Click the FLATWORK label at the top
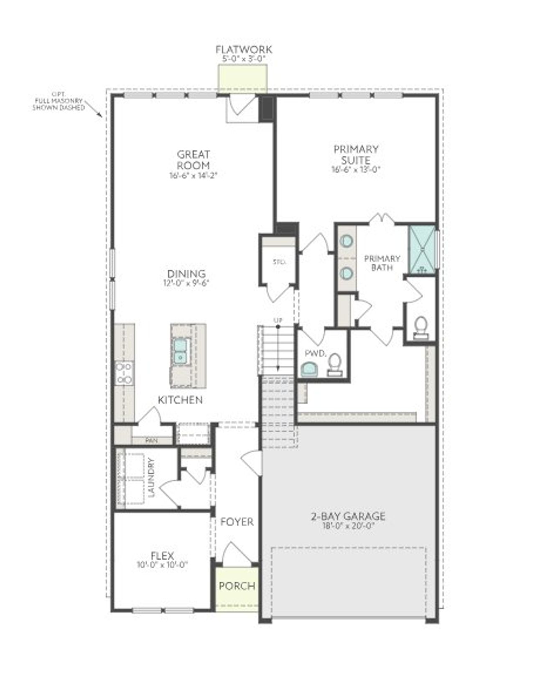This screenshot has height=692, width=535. (244, 49)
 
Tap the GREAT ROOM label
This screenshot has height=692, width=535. (193, 160)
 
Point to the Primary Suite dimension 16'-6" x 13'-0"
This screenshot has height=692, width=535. (356, 170)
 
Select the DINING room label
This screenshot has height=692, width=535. (186, 274)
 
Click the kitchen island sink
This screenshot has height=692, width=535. (181, 351)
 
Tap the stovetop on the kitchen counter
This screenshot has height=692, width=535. (124, 373)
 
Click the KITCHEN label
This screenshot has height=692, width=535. (180, 400)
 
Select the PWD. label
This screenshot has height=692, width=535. (315, 354)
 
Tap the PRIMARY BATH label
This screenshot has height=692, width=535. (382, 263)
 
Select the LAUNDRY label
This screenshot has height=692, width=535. (152, 477)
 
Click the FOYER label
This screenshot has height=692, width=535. (237, 522)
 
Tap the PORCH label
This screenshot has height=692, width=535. (237, 586)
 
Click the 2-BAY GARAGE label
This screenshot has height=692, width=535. (348, 516)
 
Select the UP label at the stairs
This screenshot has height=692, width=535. (278, 320)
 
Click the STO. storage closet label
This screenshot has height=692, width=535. (279, 262)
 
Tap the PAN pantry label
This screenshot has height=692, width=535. (151, 440)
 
